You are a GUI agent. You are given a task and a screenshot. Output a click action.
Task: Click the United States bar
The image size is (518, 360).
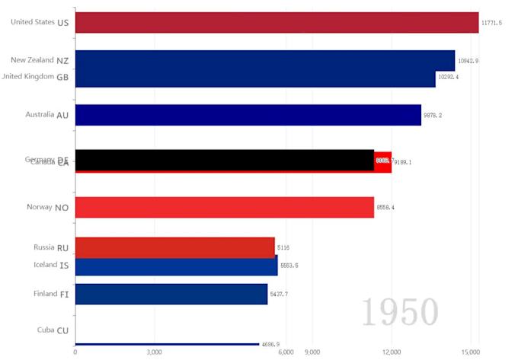pyautogui.click(x=277, y=22)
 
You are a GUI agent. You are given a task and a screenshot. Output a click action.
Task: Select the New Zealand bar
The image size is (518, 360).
pyautogui.click(x=264, y=59)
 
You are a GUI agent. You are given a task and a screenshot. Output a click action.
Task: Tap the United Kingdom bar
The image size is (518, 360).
pyautogui.click(x=255, y=78)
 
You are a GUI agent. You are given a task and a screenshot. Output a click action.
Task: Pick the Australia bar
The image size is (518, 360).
pyautogui.click(x=248, y=115)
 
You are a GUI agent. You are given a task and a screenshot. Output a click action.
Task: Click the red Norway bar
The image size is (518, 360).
pyautogui.click(x=224, y=207)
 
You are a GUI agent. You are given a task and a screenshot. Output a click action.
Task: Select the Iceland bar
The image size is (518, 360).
pyautogui.click(x=176, y=266)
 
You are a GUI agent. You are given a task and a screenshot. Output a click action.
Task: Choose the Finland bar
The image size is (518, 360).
pyautogui.click(x=171, y=294)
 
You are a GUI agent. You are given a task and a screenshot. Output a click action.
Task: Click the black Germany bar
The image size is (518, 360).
pyautogui.click(x=224, y=159)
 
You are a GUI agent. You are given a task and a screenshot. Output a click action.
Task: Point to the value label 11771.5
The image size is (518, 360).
pyautogui.click(x=491, y=23)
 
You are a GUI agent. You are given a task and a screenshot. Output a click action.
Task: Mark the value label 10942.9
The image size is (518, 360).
pyautogui.click(x=468, y=60)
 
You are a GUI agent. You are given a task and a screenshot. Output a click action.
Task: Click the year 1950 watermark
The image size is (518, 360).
pyautogui.click(x=399, y=312)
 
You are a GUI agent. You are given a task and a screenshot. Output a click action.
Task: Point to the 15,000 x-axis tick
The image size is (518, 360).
pyautogui.click(x=470, y=352)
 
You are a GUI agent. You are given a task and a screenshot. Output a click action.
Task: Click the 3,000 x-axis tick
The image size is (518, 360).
pyautogui.click(x=154, y=352)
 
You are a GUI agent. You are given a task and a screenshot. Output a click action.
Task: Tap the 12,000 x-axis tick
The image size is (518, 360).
pyautogui.click(x=391, y=352)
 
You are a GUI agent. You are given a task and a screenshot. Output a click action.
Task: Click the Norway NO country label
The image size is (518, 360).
pyautogui.click(x=48, y=207)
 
